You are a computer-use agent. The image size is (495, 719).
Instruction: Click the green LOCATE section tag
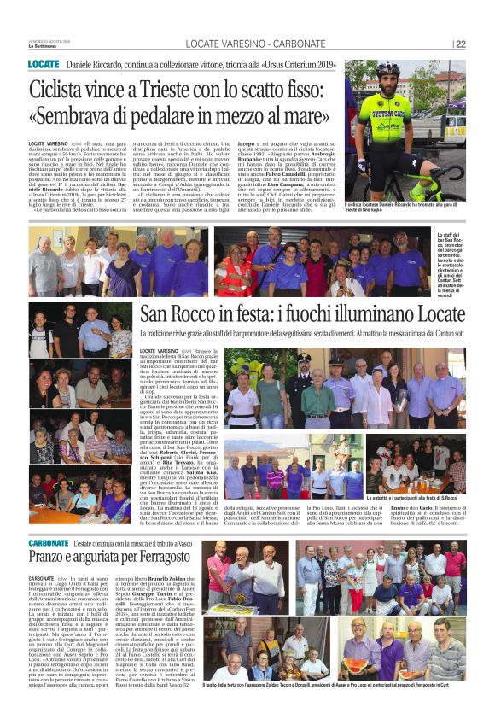pyautogui.click(x=44, y=65)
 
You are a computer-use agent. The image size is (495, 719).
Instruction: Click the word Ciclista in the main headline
pyautogui.click(x=60, y=89)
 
